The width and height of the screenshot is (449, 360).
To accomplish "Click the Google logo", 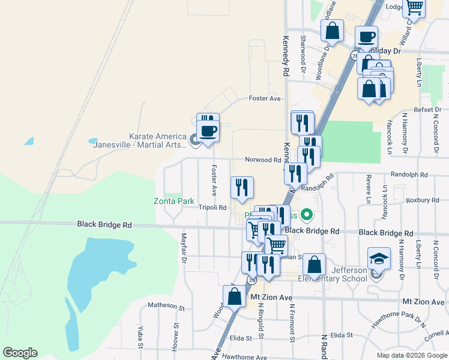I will coord(20,353).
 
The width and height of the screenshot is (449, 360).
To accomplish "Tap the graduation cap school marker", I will coord(379,259).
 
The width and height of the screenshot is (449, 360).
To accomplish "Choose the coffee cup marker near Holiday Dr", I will coord(366,37).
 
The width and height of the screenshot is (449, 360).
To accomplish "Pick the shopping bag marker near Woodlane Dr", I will coord(332,31).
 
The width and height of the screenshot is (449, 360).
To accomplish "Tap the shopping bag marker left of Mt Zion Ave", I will coord(234,296).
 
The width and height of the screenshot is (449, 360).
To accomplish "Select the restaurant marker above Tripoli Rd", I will coord(242,187).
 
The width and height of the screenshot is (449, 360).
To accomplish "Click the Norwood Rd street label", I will coord(262,160).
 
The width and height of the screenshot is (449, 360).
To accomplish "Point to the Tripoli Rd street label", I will coord(212,208).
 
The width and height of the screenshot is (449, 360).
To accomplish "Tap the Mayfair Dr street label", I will coord(184,247).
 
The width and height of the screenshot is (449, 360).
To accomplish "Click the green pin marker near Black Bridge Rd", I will coord(307,214).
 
